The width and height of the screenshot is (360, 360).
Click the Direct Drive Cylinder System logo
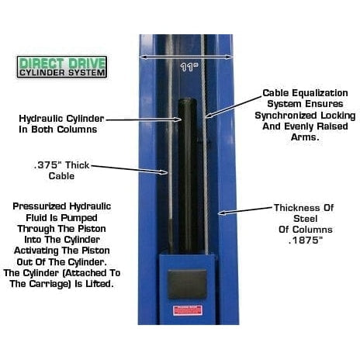(x=61, y=67)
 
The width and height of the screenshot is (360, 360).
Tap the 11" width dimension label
(x=185, y=67)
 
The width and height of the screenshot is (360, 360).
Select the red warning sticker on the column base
(x=187, y=310)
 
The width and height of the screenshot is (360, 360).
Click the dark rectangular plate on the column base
(x=187, y=283)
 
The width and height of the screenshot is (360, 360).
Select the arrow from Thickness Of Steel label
(x=244, y=209)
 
